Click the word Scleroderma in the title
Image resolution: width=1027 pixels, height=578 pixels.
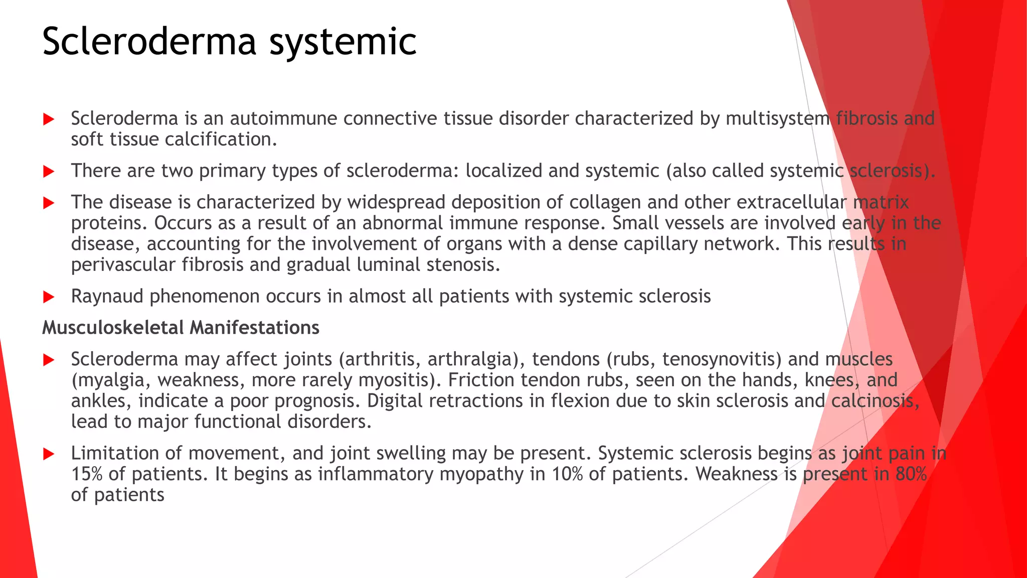(x=149, y=41)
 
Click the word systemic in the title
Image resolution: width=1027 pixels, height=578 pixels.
(x=343, y=41)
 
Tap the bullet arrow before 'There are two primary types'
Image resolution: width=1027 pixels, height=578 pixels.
(x=49, y=172)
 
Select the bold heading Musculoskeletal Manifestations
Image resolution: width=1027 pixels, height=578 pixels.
(x=181, y=328)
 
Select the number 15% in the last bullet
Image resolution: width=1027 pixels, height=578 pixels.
(x=86, y=474)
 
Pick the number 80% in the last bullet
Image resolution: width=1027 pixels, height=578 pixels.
(x=911, y=474)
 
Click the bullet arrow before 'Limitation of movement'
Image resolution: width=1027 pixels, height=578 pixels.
(x=49, y=454)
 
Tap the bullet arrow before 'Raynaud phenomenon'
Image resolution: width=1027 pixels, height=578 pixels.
(x=49, y=297)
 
